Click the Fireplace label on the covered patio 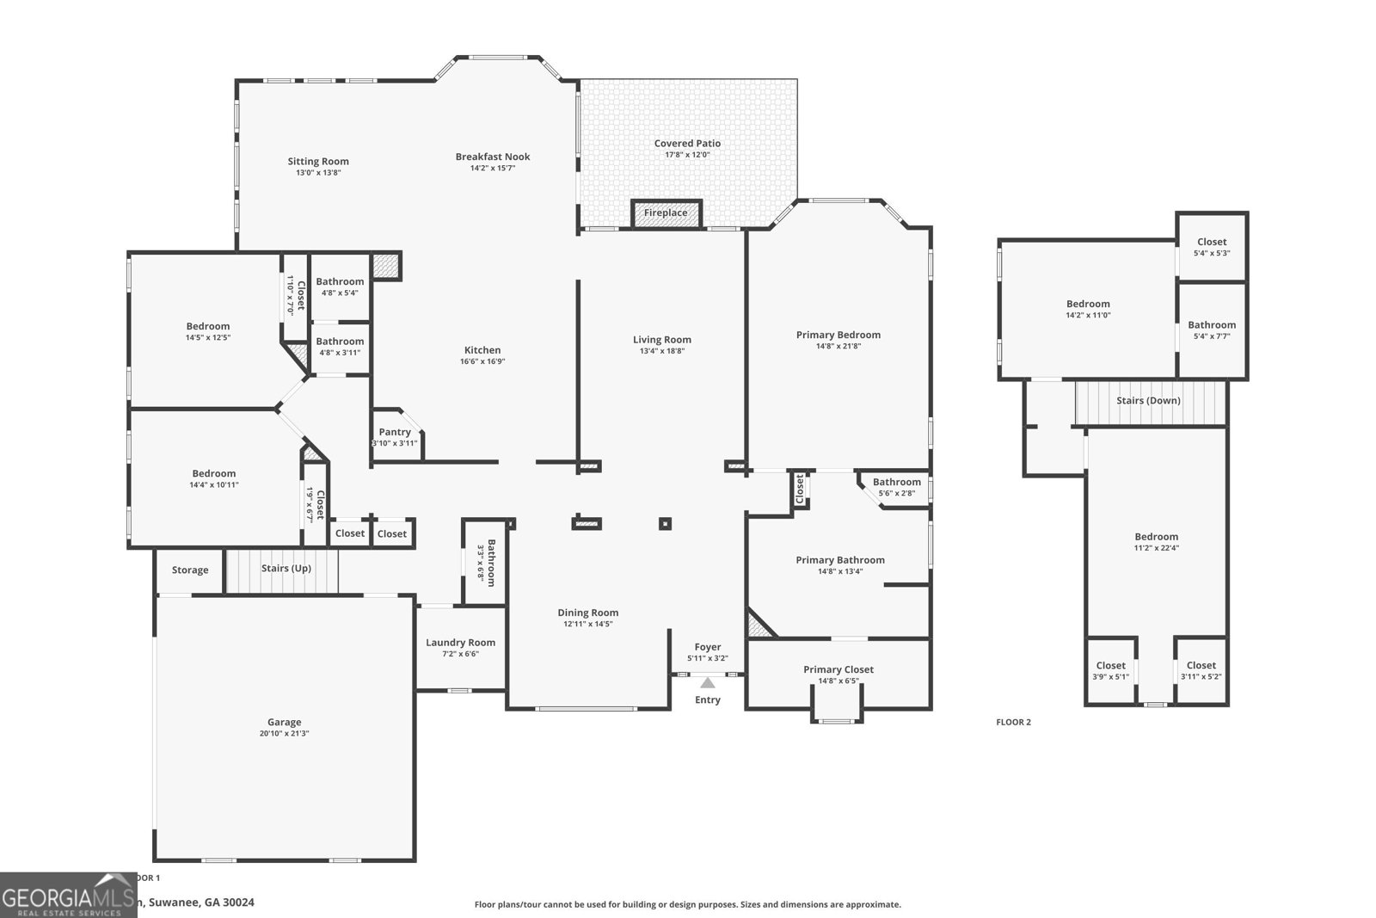(x=666, y=213)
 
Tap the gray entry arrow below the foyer (x=707, y=683)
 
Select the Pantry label (x=395, y=432)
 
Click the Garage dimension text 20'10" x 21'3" (x=284, y=734)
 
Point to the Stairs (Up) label (x=286, y=569)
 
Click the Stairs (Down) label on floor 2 (x=1148, y=401)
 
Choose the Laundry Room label (x=460, y=643)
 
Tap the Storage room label (x=190, y=570)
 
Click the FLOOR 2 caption (x=1013, y=722)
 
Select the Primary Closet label (x=838, y=669)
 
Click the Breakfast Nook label (x=493, y=157)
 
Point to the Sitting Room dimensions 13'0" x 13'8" (x=318, y=173)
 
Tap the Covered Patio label (x=687, y=144)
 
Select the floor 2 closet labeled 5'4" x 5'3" (x=1212, y=247)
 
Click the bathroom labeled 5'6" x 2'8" (x=896, y=487)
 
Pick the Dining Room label (x=588, y=613)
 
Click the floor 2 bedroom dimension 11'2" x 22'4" (x=1156, y=548)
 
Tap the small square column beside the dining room (x=665, y=523)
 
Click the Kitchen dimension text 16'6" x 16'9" (x=482, y=361)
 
